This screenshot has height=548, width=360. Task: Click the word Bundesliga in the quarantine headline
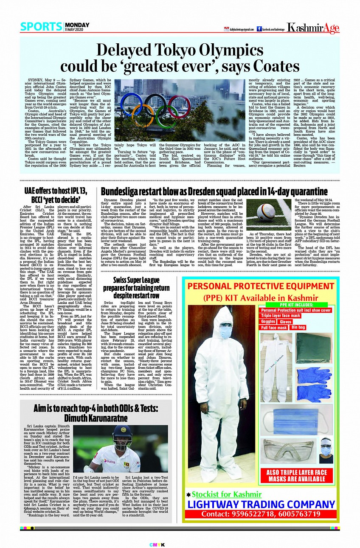pyautogui.click(x=124, y=191)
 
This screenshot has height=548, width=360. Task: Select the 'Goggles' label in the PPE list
pyautogui.click(x=268, y=322)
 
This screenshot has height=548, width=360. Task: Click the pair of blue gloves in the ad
pyautogui.click(x=314, y=385)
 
